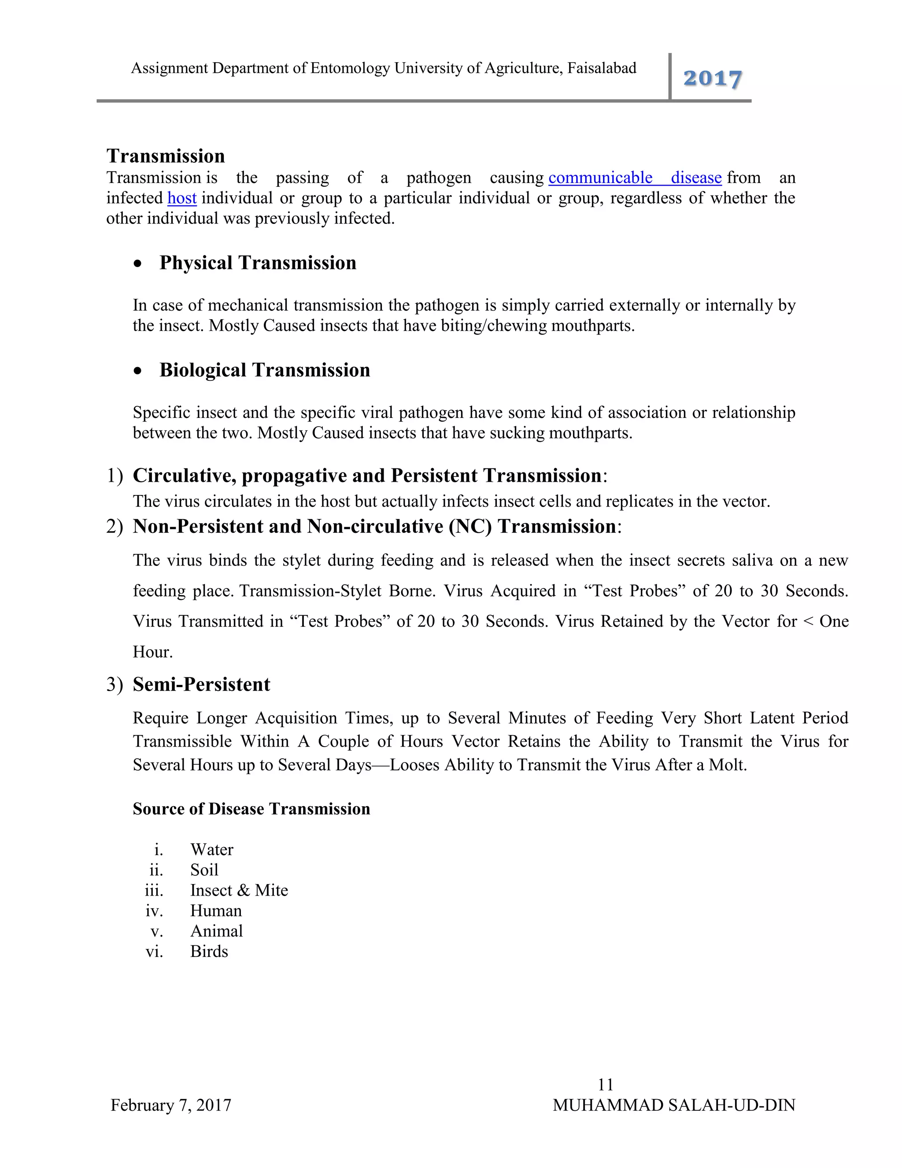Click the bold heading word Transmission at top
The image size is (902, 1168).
(166, 156)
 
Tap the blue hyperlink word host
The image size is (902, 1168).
(182, 198)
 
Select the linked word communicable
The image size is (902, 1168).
(600, 178)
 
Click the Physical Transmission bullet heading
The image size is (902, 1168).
(258, 263)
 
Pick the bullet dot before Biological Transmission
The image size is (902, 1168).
(138, 371)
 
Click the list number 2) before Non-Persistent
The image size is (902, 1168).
(115, 527)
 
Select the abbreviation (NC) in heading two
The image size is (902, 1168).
(469, 527)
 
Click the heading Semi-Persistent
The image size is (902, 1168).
(201, 684)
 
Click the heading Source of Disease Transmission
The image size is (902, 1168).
(251, 809)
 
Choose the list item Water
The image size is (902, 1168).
(211, 850)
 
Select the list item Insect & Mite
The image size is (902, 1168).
(239, 890)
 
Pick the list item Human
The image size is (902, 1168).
(216, 911)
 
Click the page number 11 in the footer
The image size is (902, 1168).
(606, 1085)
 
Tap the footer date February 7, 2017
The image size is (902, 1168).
(171, 1105)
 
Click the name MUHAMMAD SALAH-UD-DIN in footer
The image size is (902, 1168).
(674, 1105)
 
